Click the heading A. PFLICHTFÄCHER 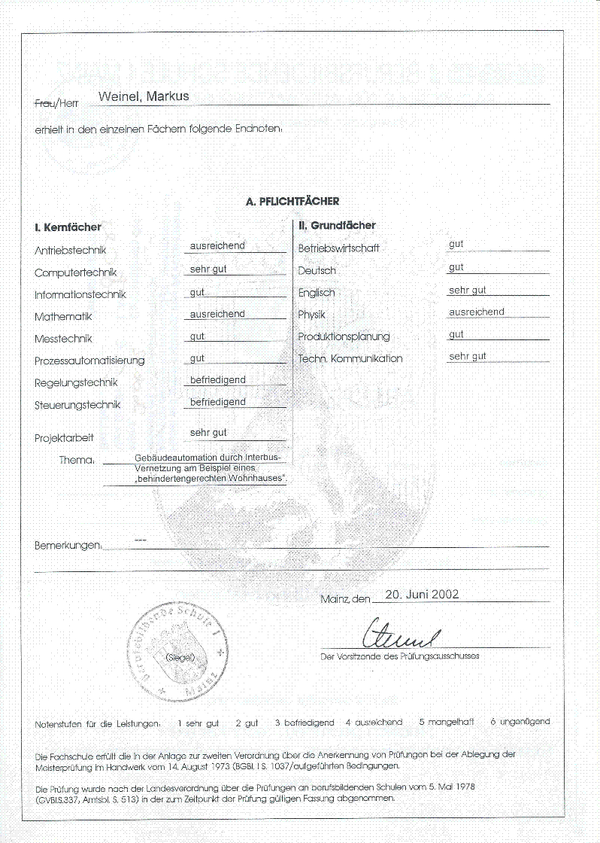click(292, 202)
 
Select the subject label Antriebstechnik click(71, 251)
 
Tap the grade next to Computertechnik click(208, 269)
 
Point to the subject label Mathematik click(63, 317)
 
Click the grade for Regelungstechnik click(217, 380)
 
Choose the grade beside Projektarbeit click(208, 433)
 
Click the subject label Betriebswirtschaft click(338, 248)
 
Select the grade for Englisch click(467, 290)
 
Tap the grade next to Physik click(476, 312)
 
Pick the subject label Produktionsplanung click(344, 336)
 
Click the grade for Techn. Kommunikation click(467, 356)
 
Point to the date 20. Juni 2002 click(422, 594)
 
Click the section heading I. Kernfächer click(68, 227)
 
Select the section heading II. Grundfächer click(337, 225)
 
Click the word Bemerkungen click(68, 545)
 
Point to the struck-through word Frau click(44, 102)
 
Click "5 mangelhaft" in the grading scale click(447, 722)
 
